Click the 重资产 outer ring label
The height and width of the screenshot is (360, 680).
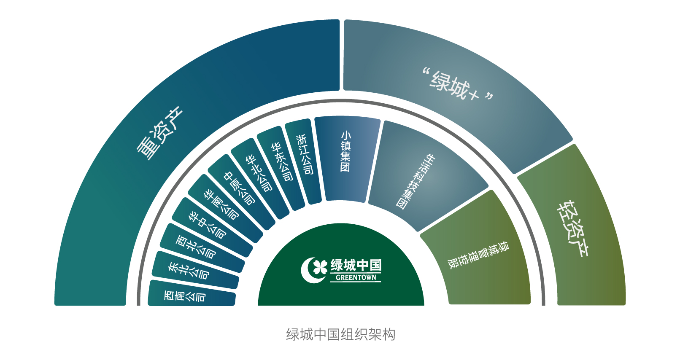click(x=159, y=133)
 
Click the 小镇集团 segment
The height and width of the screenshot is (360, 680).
click(x=346, y=152)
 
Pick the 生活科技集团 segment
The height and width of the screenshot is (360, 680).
click(x=416, y=181)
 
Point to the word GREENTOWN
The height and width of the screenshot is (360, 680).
click(x=356, y=278)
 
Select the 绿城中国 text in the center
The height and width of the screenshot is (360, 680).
click(x=356, y=266)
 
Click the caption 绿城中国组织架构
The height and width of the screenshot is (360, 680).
click(x=340, y=334)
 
